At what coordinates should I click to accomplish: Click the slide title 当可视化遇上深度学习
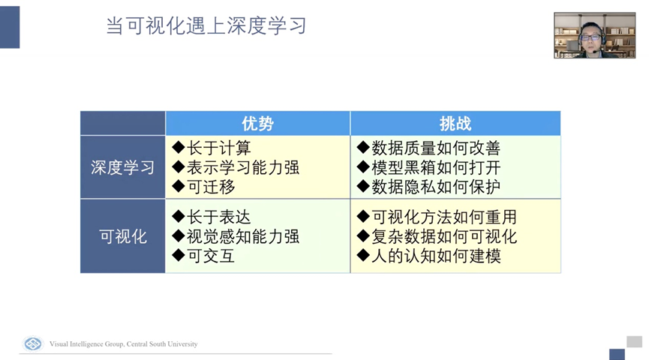206,25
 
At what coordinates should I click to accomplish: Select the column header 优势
257,124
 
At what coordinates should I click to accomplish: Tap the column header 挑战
455,124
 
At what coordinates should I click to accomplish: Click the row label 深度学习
122,167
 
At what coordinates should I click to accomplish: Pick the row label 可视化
122,237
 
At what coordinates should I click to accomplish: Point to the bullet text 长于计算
219,148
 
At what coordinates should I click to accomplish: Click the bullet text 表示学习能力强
243,167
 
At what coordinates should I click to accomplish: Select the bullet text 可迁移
211,187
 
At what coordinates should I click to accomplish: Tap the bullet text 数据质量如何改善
436,148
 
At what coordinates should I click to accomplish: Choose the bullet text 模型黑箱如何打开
436,167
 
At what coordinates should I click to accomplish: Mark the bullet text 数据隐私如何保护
436,187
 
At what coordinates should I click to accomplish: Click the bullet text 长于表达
219,217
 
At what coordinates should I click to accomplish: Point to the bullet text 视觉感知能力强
243,237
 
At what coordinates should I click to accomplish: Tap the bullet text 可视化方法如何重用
444,217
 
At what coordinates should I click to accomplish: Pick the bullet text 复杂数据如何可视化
444,237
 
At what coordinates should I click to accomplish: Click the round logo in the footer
33,343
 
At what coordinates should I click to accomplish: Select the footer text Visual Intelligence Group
86,343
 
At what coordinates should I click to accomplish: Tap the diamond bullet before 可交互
179,255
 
